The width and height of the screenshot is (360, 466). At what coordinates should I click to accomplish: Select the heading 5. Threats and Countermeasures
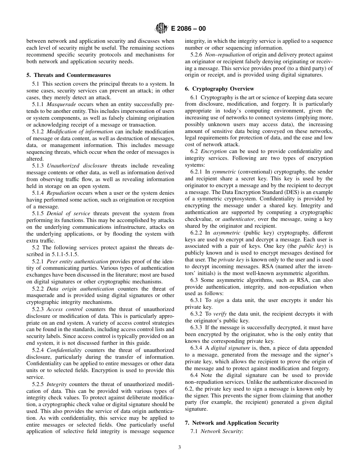[69, 75]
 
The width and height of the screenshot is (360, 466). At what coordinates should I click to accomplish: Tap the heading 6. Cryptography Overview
[219, 89]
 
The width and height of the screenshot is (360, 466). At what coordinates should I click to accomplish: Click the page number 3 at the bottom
[180, 447]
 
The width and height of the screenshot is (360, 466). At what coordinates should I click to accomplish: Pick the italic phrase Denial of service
[69, 213]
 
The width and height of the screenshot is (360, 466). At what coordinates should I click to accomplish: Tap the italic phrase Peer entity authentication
[77, 261]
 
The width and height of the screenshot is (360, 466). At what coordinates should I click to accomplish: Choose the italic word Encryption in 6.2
[214, 151]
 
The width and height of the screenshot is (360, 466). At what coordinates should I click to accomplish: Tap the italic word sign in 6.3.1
[219, 300]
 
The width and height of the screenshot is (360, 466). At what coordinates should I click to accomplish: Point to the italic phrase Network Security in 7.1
[221, 431]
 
